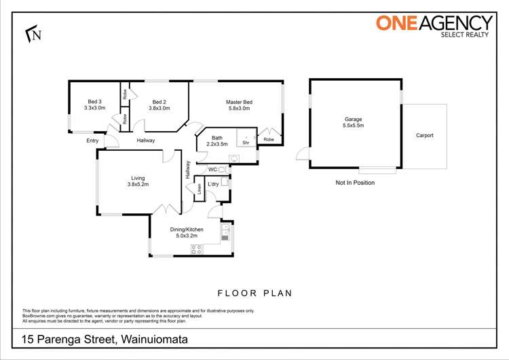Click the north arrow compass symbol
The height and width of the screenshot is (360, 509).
(x=33, y=34)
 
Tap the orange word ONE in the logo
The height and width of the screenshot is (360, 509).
(x=396, y=23)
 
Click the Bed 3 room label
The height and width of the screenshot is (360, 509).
(x=94, y=102)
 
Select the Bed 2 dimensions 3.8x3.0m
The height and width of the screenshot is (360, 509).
(x=159, y=108)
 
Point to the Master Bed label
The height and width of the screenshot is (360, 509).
(x=239, y=102)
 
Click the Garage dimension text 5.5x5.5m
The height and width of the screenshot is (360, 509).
(x=353, y=126)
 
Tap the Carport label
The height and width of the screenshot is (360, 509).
(x=425, y=135)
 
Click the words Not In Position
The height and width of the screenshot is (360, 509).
(x=355, y=183)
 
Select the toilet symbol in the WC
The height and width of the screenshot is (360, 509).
(x=223, y=170)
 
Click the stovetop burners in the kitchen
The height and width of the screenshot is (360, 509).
(x=196, y=249)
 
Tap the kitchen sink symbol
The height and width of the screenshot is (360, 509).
(x=225, y=232)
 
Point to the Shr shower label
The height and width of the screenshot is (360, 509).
(x=246, y=143)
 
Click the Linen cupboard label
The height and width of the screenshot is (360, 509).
(x=200, y=189)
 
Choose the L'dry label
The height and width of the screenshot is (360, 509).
(x=213, y=184)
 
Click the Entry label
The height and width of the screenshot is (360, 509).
(x=92, y=141)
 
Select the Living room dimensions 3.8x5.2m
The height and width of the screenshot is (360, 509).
(x=138, y=184)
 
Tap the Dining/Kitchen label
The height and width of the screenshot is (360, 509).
(x=187, y=230)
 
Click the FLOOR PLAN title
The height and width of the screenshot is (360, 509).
(x=254, y=293)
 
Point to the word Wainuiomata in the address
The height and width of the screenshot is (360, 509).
(x=155, y=340)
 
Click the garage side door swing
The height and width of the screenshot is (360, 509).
(x=303, y=154)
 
